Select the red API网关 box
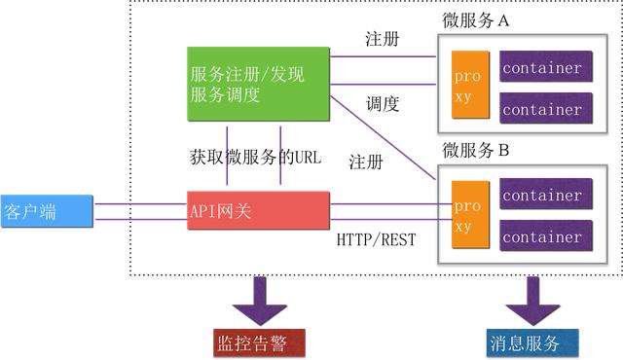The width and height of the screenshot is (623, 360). pyautogui.click(x=259, y=210)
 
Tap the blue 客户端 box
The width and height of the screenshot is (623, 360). pyautogui.click(x=46, y=211)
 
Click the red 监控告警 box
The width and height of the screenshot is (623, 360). pyautogui.click(x=259, y=342)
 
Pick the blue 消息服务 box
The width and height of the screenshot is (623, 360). pyautogui.click(x=531, y=342)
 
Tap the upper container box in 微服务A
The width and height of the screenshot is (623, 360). pyautogui.click(x=546, y=68)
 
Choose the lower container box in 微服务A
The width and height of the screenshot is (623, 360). pyautogui.click(x=546, y=106)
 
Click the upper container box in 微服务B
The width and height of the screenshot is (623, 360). pyautogui.click(x=546, y=196)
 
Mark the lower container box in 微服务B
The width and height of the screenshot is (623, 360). pyautogui.click(x=546, y=235)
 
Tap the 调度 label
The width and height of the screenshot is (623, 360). pyautogui.click(x=383, y=103)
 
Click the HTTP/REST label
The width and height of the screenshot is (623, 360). pyautogui.click(x=376, y=238)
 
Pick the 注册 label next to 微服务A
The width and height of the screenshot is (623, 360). pyautogui.click(x=382, y=40)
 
